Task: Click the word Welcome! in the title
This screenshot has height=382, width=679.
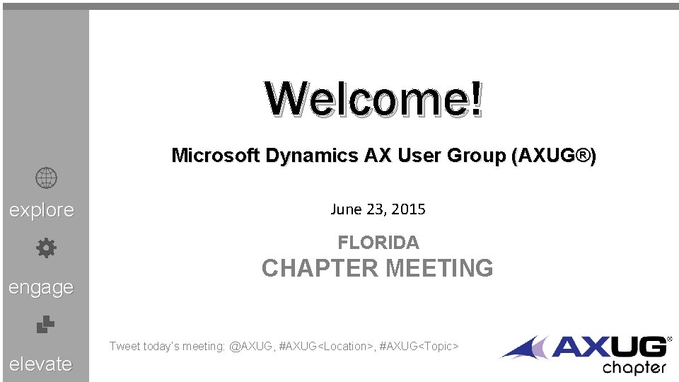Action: click(x=375, y=99)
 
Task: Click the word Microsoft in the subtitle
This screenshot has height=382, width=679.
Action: click(x=216, y=156)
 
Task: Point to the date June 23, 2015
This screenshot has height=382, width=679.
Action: click(x=378, y=209)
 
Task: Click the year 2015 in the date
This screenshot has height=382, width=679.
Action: click(x=410, y=209)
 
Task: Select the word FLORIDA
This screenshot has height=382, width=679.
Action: click(x=378, y=243)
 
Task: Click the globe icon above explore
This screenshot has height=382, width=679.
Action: click(x=46, y=179)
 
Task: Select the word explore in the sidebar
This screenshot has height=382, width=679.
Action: click(x=41, y=210)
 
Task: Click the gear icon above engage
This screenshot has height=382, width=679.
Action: click(x=46, y=248)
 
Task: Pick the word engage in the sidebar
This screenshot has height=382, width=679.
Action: click(x=41, y=287)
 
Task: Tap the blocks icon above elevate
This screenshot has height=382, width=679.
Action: click(x=46, y=325)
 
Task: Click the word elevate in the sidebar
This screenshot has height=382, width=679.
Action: click(x=41, y=364)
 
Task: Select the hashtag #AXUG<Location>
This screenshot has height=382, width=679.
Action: click(x=325, y=346)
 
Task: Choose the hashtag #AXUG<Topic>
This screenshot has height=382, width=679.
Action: click(x=419, y=346)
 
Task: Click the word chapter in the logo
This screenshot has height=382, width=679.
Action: click(x=634, y=367)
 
